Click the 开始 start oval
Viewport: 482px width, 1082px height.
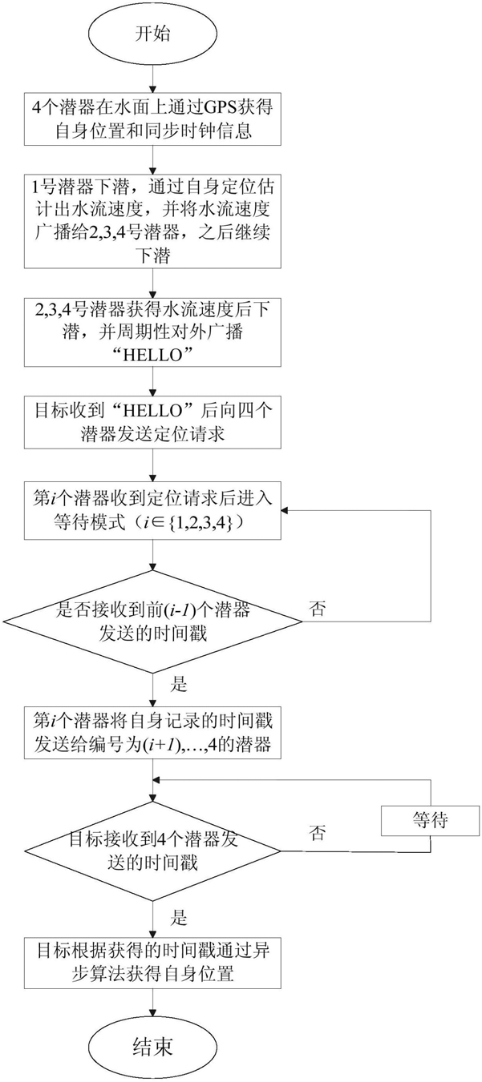coord(152,34)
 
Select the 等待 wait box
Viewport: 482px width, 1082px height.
coord(430,820)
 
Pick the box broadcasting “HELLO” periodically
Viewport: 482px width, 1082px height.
coord(152,332)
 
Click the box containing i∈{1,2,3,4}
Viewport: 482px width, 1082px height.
coord(152,511)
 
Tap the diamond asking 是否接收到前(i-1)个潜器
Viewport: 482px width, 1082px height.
coord(152,621)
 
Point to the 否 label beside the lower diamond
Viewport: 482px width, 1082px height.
coord(317,833)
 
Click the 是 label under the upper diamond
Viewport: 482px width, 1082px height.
coord(179,684)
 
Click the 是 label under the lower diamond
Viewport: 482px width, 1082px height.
coord(179,917)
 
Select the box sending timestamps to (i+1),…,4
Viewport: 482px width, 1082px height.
coord(152,732)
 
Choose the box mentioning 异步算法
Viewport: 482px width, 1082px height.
coord(152,963)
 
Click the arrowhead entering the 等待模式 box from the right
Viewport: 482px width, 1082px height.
coord(286,511)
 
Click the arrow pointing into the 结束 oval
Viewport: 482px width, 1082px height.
coord(152,1004)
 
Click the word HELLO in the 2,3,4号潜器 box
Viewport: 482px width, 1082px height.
coord(152,356)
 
